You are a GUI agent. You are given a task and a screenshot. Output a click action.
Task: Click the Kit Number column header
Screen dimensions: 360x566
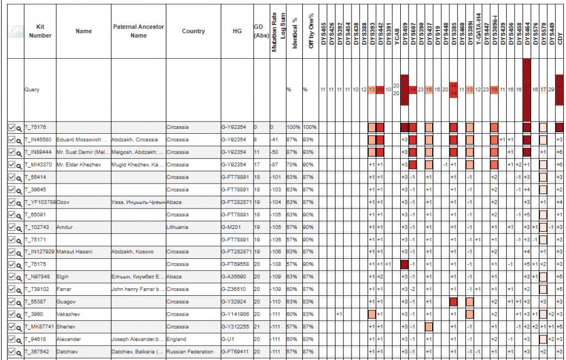click(40, 31)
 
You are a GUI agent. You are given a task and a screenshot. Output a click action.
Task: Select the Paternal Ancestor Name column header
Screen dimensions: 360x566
click(138, 31)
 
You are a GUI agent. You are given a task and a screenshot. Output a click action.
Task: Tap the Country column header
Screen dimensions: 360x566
click(193, 31)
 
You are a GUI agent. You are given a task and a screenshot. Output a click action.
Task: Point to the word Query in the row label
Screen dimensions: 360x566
click(32, 89)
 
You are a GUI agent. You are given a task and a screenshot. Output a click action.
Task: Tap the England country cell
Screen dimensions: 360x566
click(176, 339)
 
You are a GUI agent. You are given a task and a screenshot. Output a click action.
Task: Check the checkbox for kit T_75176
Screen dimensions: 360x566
click(12, 127)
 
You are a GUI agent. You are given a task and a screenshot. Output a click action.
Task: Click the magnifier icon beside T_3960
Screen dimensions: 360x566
click(19, 314)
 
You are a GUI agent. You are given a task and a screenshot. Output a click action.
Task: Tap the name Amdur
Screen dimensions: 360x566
click(65, 227)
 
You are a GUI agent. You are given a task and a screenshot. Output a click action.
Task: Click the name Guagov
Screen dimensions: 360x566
click(66, 301)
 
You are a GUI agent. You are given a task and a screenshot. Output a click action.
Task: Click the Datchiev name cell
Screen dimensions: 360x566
click(68, 351)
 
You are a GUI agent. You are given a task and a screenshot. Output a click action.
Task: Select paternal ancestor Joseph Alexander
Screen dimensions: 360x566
click(137, 339)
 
